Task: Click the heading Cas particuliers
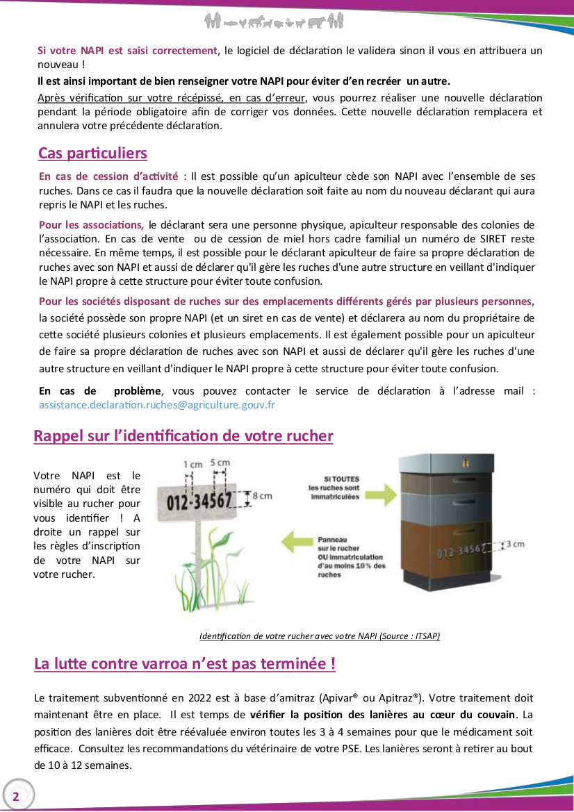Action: (92, 153)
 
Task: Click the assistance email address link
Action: (157, 404)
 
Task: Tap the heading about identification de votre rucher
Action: (183, 436)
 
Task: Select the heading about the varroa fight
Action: (185, 664)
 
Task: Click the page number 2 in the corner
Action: (15, 797)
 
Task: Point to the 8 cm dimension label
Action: (261, 496)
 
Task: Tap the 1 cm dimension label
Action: (193, 464)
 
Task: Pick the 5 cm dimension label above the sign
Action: (220, 463)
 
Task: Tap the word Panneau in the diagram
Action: (332, 539)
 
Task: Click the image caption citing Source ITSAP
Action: (320, 636)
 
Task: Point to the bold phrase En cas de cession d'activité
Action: (108, 176)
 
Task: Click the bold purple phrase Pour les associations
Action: (92, 224)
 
